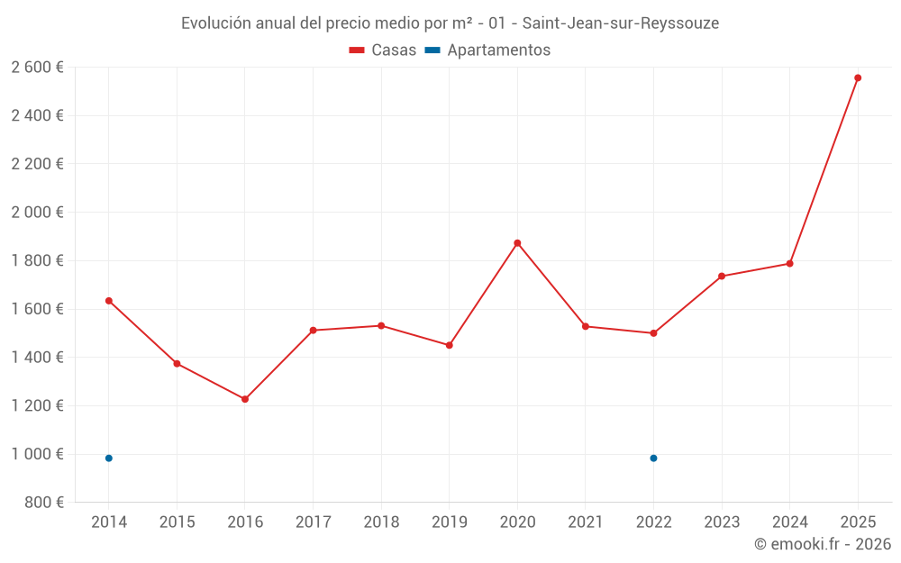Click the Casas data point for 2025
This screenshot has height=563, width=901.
coord(858,78)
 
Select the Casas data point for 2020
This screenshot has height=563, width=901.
coord(517,243)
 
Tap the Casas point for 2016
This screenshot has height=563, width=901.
coord(245,399)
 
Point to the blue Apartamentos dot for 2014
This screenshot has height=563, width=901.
coord(109,459)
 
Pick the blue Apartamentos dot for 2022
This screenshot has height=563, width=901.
coord(653,459)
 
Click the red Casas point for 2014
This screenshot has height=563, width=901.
coord(109,301)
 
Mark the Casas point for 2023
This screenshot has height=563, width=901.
coord(722,276)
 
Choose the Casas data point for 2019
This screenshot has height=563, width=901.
coord(450,345)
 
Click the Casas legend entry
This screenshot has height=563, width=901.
coord(383,50)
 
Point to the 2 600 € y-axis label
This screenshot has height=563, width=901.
coord(37,68)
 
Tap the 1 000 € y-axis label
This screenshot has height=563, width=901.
coord(37,454)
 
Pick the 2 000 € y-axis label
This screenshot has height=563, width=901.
coord(37,213)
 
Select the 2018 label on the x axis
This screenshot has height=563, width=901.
coord(381,522)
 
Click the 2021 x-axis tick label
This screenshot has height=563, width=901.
coord(586,522)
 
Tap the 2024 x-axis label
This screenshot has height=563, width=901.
coord(789,522)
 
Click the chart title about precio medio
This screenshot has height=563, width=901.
coord(450,23)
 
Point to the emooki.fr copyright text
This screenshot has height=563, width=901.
coord(822,544)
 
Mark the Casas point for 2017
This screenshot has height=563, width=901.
coord(313,331)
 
